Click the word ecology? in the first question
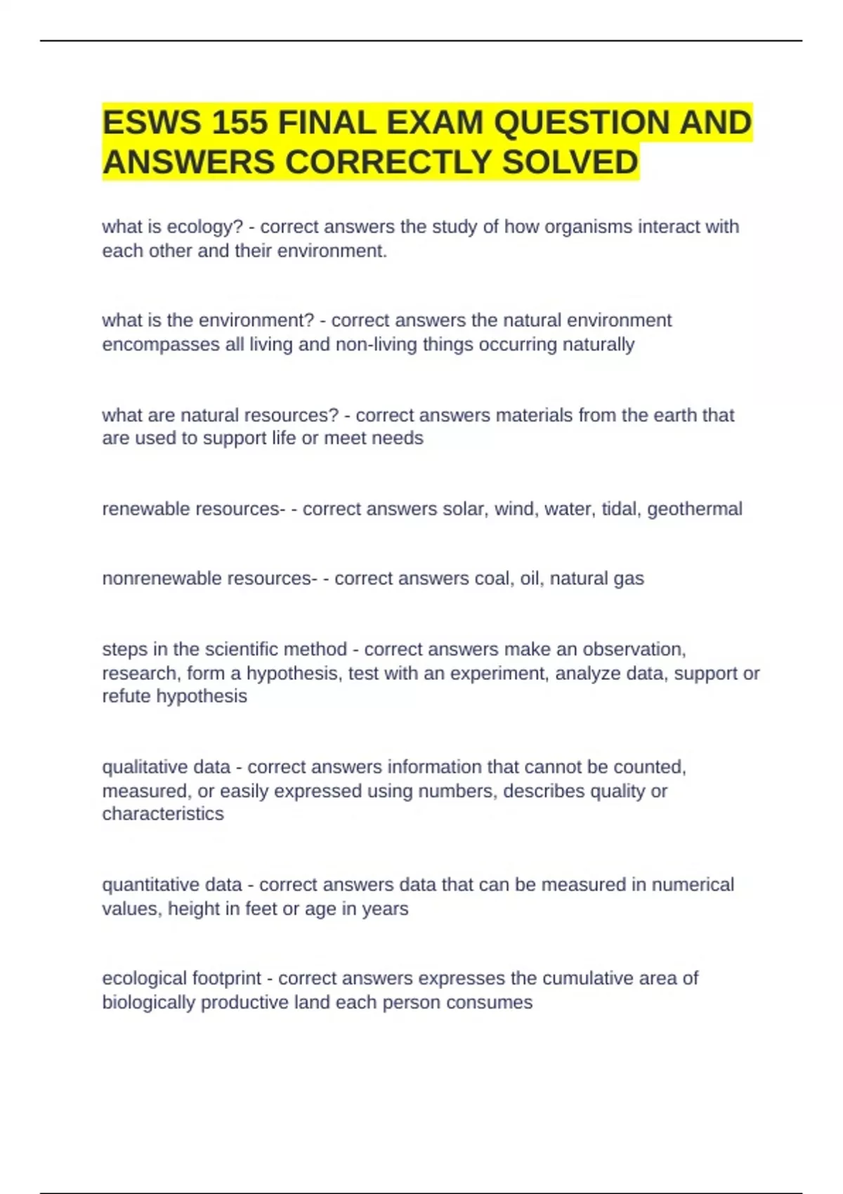pyautogui.click(x=209, y=227)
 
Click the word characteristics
pyautogui.click(x=163, y=813)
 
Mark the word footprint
pyautogui.click(x=226, y=978)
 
